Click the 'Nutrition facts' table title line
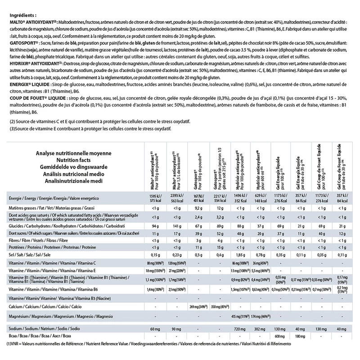pos(74,160)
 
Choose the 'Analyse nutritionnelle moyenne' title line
pos(74,153)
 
